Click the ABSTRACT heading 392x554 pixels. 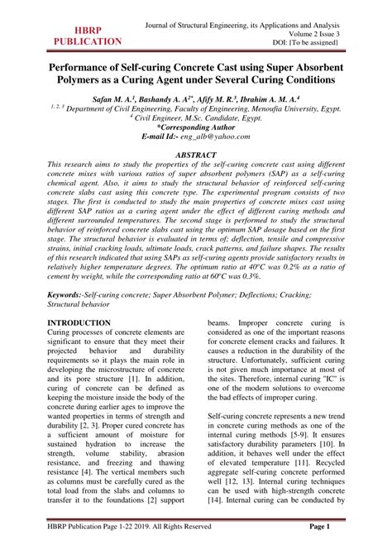(x=195, y=155)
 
